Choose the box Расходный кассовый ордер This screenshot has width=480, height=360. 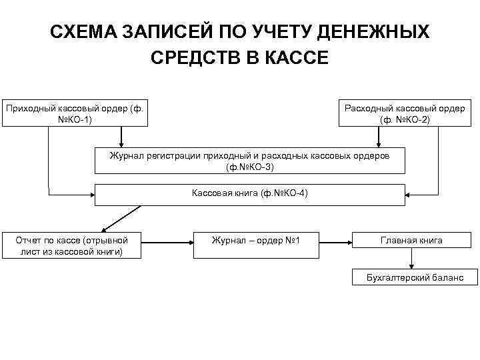[405, 113]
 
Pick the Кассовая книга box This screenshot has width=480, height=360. [250, 195]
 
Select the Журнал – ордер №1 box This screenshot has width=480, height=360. [255, 240]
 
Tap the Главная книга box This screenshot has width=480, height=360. [411, 240]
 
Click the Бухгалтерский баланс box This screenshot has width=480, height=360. [415, 277]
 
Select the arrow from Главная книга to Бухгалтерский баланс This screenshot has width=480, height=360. [415, 259]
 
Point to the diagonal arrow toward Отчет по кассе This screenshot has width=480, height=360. [119, 219]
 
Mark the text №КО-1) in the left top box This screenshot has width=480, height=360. [74, 119]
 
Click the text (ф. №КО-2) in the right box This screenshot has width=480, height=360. [405, 119]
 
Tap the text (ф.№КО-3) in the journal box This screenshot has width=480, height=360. [250, 167]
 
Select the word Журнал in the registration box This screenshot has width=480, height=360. [127, 155]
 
